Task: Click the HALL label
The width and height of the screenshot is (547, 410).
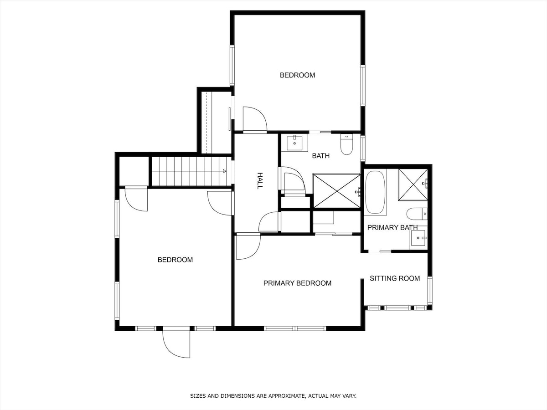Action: coord(260,181)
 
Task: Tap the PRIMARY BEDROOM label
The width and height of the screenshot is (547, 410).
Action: coord(297,283)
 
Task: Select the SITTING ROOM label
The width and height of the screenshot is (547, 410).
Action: coord(395,278)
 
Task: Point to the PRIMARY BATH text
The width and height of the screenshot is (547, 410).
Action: coord(392,227)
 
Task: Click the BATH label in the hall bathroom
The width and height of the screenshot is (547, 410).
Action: coord(321,156)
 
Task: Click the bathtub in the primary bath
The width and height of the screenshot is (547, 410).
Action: coord(375,192)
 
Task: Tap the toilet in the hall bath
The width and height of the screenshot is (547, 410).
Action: coord(346,144)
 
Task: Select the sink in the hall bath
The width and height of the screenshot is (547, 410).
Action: coord(294,143)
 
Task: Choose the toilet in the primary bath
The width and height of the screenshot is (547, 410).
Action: coord(417,214)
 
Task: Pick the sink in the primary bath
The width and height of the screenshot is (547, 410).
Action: coord(418,238)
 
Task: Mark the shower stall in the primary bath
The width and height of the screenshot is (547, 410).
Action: coord(413,184)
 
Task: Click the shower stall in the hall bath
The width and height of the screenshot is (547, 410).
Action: coord(337,191)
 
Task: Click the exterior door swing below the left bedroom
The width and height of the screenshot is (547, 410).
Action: coord(176,344)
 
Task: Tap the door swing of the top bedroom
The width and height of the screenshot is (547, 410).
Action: coord(255,119)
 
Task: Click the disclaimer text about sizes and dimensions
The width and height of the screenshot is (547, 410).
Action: coord(273,396)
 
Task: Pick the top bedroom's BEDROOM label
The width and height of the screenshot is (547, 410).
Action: coord(297,75)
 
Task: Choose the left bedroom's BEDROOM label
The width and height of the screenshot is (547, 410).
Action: coord(175,260)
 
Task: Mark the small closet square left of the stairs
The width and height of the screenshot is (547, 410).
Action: coord(134,171)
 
